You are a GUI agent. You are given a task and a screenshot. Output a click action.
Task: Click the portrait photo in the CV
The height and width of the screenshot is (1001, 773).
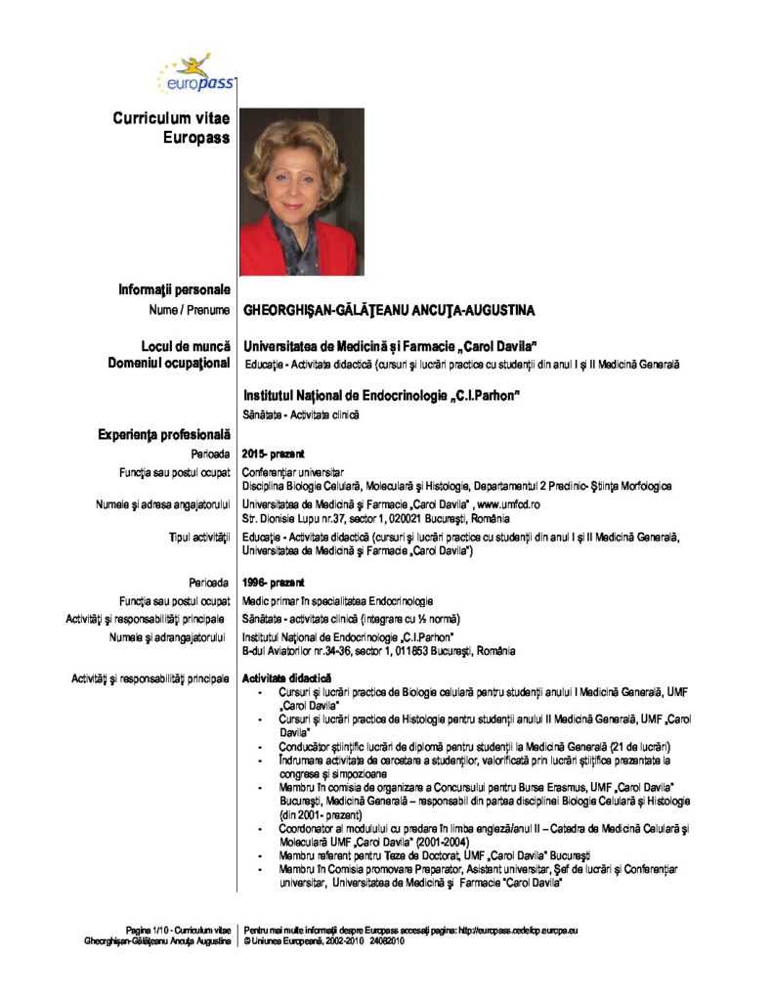tap(300, 192)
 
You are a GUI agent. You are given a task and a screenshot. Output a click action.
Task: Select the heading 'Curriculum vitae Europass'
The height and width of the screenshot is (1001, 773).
tap(171, 128)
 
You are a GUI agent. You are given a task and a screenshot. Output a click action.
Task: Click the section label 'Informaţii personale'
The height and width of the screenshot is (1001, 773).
tap(174, 289)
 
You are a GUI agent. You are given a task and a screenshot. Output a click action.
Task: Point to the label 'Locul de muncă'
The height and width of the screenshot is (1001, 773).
tap(186, 346)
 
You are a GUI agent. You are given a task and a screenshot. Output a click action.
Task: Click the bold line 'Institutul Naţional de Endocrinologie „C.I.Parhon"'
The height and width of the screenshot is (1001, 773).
tap(380, 395)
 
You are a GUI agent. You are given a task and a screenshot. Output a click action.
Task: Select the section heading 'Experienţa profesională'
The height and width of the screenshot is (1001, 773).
tap(164, 434)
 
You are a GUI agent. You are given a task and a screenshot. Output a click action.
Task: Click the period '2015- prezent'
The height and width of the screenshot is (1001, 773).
tap(273, 454)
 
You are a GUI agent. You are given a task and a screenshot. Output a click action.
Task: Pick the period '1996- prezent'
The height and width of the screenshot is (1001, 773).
tap(273, 584)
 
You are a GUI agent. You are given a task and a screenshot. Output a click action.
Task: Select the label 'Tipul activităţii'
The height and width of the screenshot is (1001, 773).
tap(200, 538)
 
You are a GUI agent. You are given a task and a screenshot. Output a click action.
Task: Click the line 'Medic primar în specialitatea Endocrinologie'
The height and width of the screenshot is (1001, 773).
tap(337, 601)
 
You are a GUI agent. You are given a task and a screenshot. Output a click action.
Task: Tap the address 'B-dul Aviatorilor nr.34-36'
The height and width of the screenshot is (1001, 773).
tap(310, 651)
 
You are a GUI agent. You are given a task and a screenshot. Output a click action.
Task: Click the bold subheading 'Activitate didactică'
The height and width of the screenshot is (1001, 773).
tap(286, 677)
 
